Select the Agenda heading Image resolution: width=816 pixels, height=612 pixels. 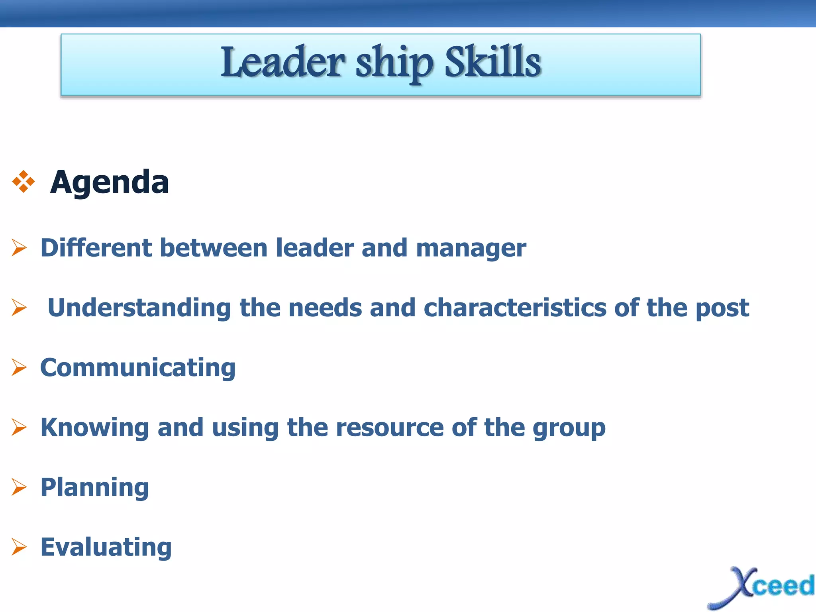tap(110, 182)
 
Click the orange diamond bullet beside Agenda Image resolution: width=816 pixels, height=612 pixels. tap(24, 182)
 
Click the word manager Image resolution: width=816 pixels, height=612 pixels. tap(471, 248)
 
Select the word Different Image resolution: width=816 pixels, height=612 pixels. tap(96, 248)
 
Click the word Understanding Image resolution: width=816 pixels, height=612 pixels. tap(139, 308)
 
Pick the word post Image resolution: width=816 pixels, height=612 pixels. tap(722, 308)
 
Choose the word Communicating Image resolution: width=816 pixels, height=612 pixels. tap(138, 367)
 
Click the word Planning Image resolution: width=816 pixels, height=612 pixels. tap(95, 488)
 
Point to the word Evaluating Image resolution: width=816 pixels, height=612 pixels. tap(106, 547)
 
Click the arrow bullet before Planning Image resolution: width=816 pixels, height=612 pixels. tap(19, 487)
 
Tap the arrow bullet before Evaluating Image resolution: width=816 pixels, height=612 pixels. tap(19, 547)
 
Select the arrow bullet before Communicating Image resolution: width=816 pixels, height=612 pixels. tap(19, 367)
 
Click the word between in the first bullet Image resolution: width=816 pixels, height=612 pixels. tap(214, 248)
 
